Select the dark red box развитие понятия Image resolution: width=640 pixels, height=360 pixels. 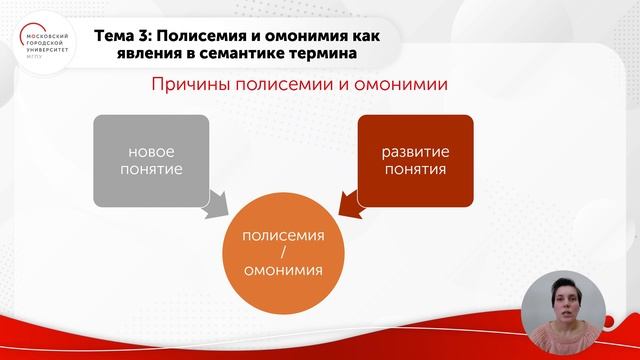pos(414,160)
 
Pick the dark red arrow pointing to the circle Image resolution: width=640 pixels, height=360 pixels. pos(350,205)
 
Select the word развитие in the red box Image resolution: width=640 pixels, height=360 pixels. pos(414,151)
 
